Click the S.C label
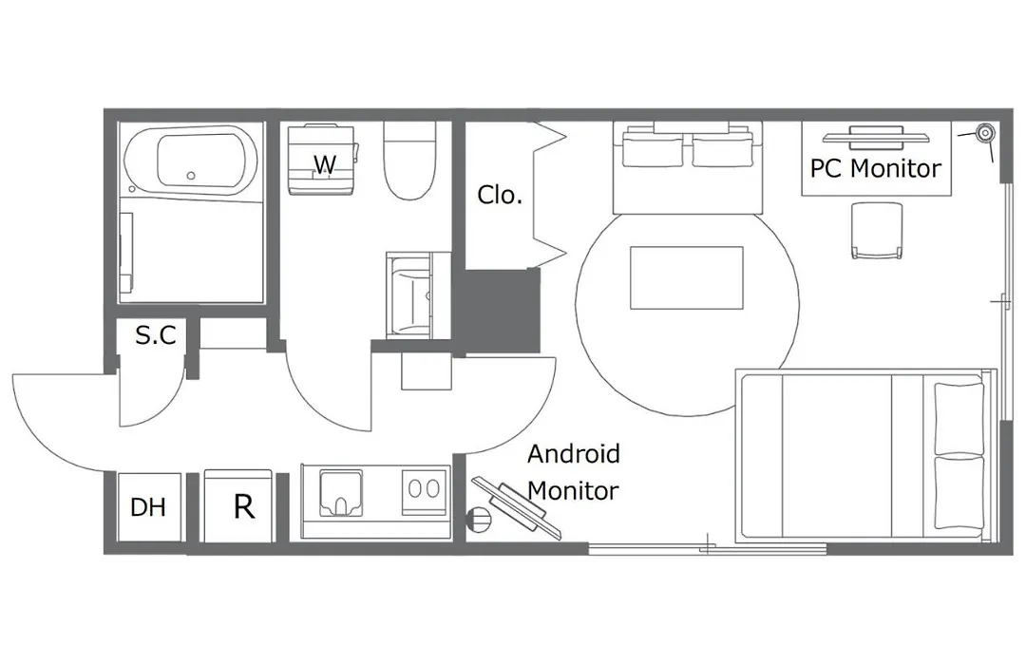click(156, 335)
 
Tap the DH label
click(148, 507)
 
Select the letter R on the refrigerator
click(244, 506)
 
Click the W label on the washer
click(325, 163)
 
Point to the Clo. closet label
click(500, 195)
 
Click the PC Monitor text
click(876, 169)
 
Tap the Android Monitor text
click(574, 472)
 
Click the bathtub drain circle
click(191, 176)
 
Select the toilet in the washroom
click(409, 161)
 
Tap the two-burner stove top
click(424, 489)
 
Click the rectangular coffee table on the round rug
click(687, 277)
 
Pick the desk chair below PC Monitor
click(877, 231)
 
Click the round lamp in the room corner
click(984, 134)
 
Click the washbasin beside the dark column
click(409, 295)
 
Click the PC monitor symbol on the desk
click(876, 138)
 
